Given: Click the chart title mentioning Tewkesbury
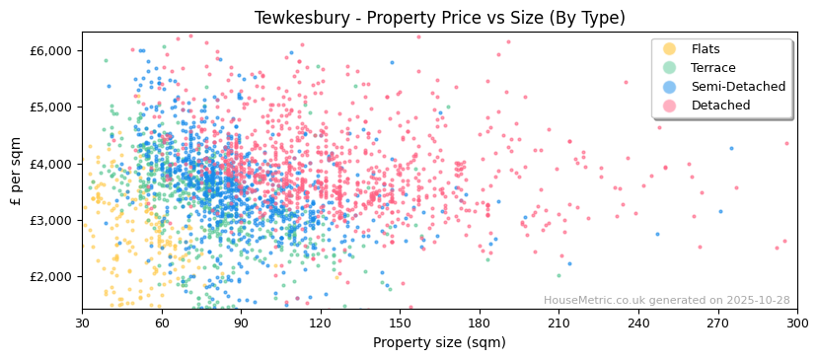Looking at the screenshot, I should tap(439, 18).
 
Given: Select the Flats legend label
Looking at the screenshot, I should tap(706, 49).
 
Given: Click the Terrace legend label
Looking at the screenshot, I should tap(712, 68).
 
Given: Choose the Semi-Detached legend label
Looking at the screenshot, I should tap(738, 87).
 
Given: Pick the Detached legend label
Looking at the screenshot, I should tap(720, 106).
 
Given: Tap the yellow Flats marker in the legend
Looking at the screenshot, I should tap(670, 49).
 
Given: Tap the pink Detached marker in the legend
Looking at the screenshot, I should tap(670, 106).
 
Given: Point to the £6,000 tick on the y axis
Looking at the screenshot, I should tap(51, 50).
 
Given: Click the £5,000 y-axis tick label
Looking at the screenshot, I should tap(51, 107).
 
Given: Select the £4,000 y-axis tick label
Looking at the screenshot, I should tap(51, 164).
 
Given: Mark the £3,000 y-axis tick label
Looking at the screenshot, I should tap(51, 220).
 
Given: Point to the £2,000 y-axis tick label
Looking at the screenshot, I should tap(51, 277).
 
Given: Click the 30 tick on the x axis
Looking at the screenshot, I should tap(82, 323).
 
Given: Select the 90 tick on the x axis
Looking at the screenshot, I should tap(241, 323).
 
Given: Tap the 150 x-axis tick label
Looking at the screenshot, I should tap(400, 323).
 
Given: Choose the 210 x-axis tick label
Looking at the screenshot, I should tap(558, 323).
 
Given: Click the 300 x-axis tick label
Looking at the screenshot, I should tap(796, 323).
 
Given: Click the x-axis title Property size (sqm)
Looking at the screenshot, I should tap(439, 342).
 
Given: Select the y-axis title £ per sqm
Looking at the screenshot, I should tap(17, 171).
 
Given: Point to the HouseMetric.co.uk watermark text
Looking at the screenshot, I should tap(666, 301).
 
